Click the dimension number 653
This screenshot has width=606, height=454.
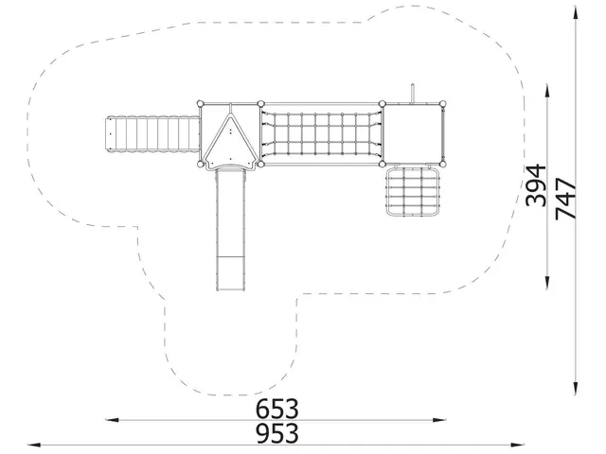point(277,409)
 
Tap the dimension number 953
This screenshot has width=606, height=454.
point(277,433)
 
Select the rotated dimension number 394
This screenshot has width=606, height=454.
point(537,185)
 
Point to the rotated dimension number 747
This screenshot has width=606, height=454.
point(565,199)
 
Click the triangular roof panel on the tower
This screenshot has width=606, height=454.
point(230,141)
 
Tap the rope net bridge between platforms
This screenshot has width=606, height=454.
point(322,134)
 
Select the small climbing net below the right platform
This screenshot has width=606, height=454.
point(413,191)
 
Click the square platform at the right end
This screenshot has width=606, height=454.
point(413,134)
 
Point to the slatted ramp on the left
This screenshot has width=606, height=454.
point(152,134)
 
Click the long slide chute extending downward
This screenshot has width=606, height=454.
point(230,230)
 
